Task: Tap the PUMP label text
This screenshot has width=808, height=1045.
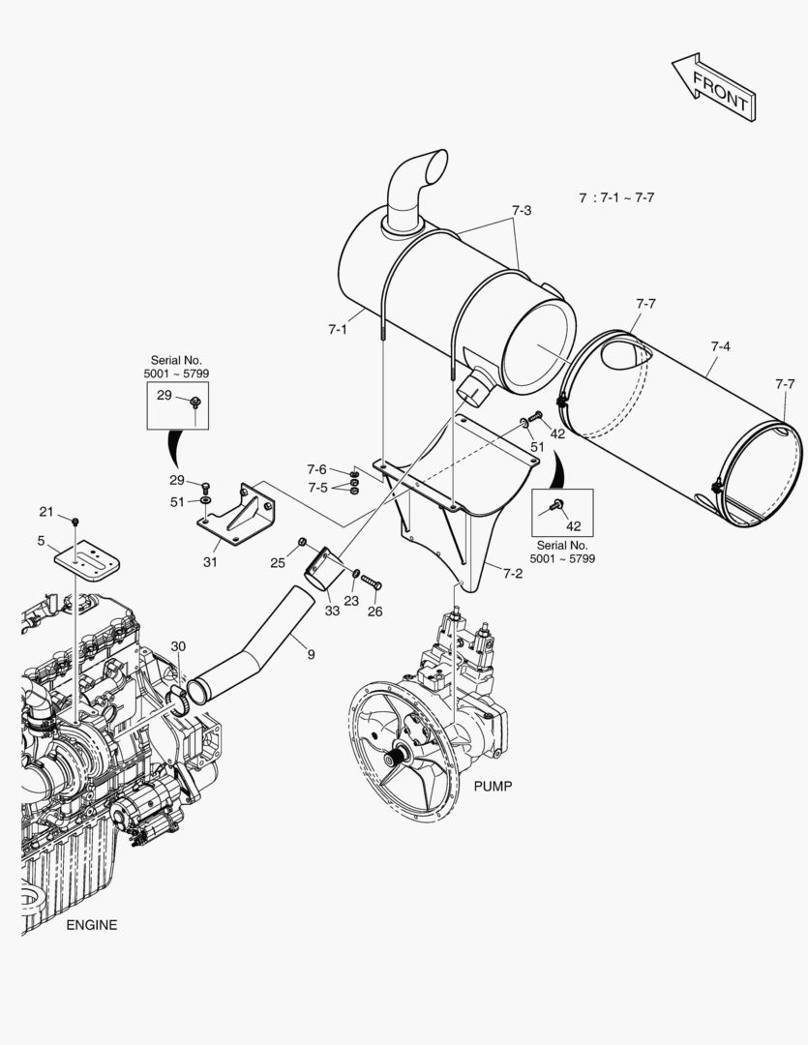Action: point(493,786)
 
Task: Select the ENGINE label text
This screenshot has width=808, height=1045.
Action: point(91,925)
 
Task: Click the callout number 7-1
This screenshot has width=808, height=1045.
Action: point(337,330)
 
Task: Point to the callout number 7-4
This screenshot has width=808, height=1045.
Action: point(720,345)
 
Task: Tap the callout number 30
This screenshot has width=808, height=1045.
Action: point(178,646)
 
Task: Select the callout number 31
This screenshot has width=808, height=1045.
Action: point(211,561)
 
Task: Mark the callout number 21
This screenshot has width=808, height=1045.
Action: point(46,511)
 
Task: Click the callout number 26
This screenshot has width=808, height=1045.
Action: point(374,611)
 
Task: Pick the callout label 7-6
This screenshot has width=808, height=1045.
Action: point(317,469)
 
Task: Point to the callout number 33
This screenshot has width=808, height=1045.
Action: point(332,611)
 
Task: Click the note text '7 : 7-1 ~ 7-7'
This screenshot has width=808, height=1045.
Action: point(617,197)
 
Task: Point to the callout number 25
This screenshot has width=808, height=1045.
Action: point(278,562)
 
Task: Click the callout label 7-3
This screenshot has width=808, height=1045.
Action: point(522,210)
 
